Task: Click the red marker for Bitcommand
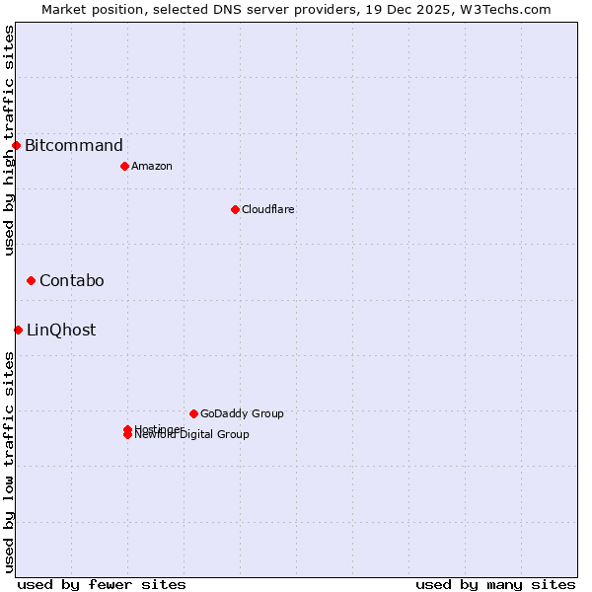click(x=16, y=145)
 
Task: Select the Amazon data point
click(x=124, y=166)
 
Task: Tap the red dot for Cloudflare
click(x=235, y=209)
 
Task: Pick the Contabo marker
click(x=31, y=281)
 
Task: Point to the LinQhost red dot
click(x=18, y=330)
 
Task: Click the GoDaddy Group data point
click(x=193, y=413)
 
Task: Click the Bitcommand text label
click(x=74, y=146)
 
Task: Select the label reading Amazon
click(x=151, y=166)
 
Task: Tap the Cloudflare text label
click(x=267, y=209)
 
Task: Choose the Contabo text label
click(x=71, y=281)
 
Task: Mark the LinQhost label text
click(x=61, y=331)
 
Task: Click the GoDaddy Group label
click(x=242, y=413)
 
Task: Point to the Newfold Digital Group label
click(x=191, y=435)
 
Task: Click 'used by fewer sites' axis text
click(x=102, y=584)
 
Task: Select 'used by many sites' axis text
click(x=495, y=584)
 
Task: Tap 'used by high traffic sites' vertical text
click(x=9, y=140)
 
